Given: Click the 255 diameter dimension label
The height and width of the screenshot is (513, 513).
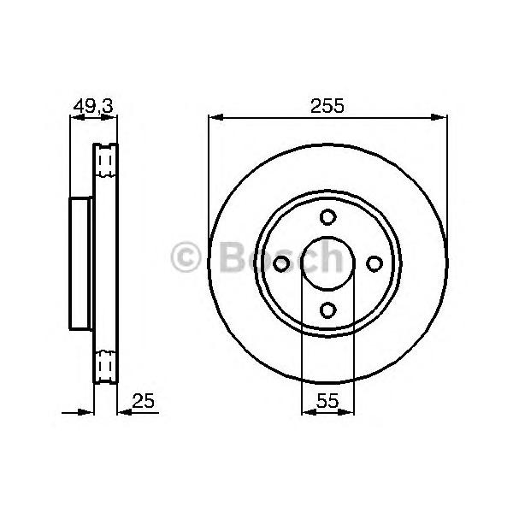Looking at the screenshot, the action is [x=327, y=106].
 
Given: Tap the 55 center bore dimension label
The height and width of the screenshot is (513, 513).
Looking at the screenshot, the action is [x=327, y=400].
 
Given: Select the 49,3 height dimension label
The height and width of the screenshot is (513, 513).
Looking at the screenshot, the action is [x=93, y=106].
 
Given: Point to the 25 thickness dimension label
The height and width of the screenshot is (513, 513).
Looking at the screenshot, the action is [x=144, y=400].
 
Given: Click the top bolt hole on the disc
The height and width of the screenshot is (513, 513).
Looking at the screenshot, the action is [x=327, y=217].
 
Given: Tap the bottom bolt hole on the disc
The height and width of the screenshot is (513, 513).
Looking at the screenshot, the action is [x=327, y=310].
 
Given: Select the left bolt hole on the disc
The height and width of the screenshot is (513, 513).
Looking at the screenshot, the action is [x=281, y=263].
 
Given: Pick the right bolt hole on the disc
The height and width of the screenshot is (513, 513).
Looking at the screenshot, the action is [x=374, y=263].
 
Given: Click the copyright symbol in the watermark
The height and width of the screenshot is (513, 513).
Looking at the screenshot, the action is [x=186, y=256].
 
